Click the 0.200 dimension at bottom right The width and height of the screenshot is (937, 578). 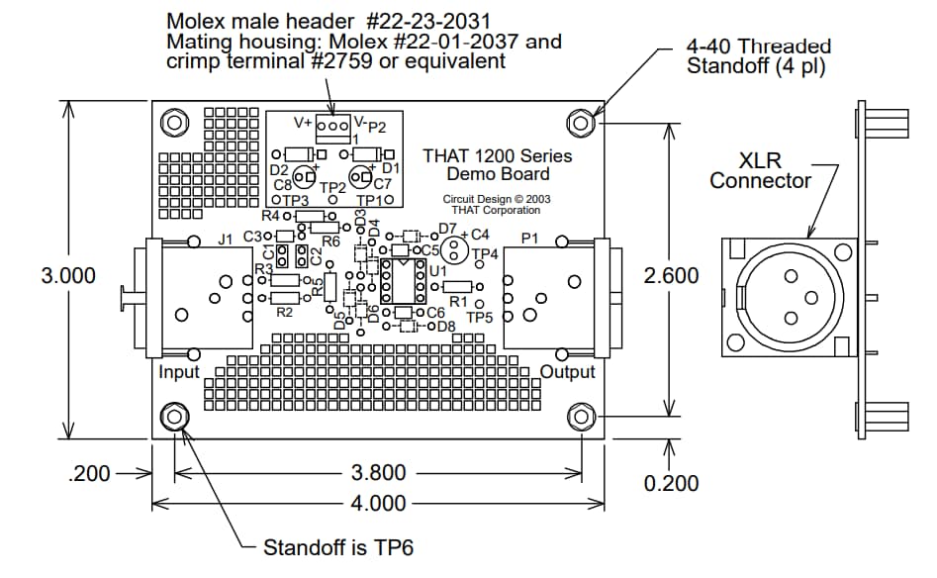[671, 484]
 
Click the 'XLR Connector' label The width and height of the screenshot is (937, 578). [760, 170]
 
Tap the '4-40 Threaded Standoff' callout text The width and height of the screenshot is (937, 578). [758, 55]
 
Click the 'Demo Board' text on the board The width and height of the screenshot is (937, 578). [497, 174]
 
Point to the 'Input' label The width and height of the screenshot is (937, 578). [179, 372]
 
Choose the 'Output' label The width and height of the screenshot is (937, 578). [568, 372]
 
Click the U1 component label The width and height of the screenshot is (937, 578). [438, 270]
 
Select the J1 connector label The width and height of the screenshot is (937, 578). [224, 240]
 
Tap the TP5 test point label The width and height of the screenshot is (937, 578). [480, 318]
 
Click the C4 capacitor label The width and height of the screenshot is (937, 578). [480, 236]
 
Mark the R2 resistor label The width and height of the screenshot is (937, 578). [284, 312]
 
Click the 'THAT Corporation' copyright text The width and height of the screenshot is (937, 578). [496, 210]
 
